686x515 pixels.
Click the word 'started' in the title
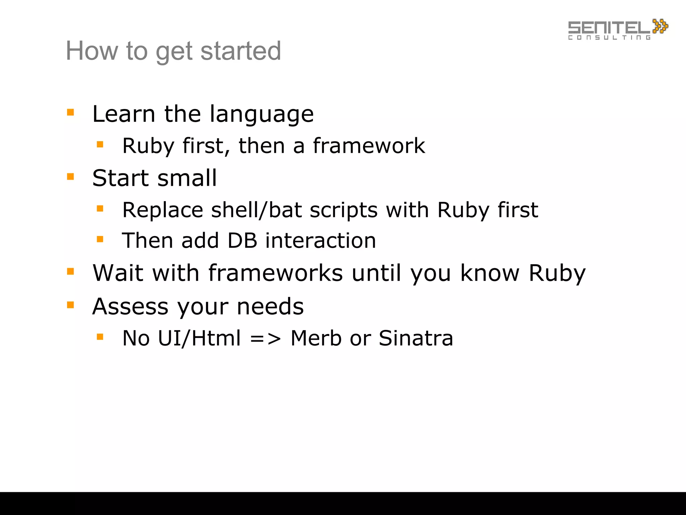pyautogui.click(x=241, y=51)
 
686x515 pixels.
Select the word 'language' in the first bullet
pyautogui.click(x=262, y=115)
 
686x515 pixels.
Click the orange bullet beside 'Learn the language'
pyautogui.click(x=70, y=112)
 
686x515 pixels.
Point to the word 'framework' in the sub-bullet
pyautogui.click(x=369, y=146)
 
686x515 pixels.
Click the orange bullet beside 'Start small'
pyautogui.click(x=70, y=176)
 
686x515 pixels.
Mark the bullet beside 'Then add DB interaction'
pyautogui.click(x=100, y=239)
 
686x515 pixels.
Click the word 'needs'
pyautogui.click(x=270, y=306)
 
